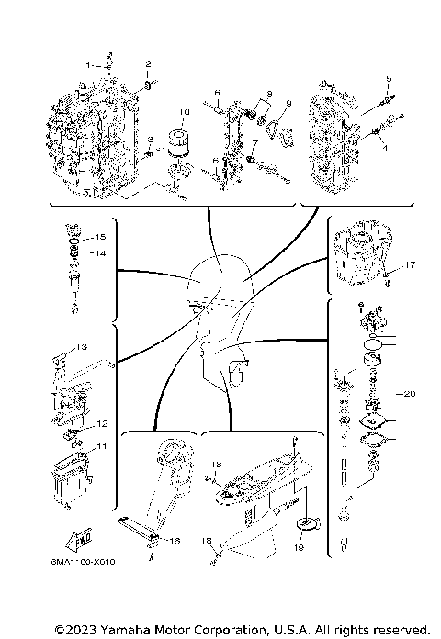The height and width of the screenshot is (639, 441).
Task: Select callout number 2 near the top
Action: (148, 63)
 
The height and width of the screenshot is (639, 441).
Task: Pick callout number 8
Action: (271, 95)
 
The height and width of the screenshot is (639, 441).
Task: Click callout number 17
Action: (411, 265)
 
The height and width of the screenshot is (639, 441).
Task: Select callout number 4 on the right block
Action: (387, 146)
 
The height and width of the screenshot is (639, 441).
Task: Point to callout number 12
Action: (103, 424)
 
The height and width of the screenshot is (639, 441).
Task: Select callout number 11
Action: (102, 446)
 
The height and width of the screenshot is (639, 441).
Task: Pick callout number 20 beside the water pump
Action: (409, 393)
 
